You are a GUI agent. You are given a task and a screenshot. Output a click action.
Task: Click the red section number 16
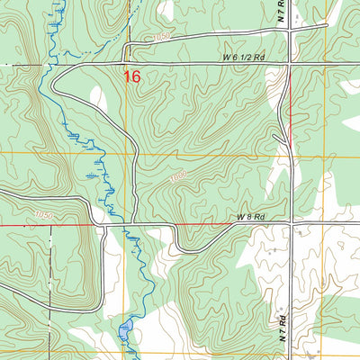[x=132, y=77]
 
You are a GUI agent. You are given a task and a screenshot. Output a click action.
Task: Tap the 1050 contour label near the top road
[x=161, y=37]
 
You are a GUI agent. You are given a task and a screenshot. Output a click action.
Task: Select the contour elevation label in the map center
[x=176, y=177]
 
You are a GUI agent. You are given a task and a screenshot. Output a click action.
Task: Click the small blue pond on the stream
[x=124, y=328]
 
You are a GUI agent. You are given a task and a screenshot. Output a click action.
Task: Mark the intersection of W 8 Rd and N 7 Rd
[x=291, y=222]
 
